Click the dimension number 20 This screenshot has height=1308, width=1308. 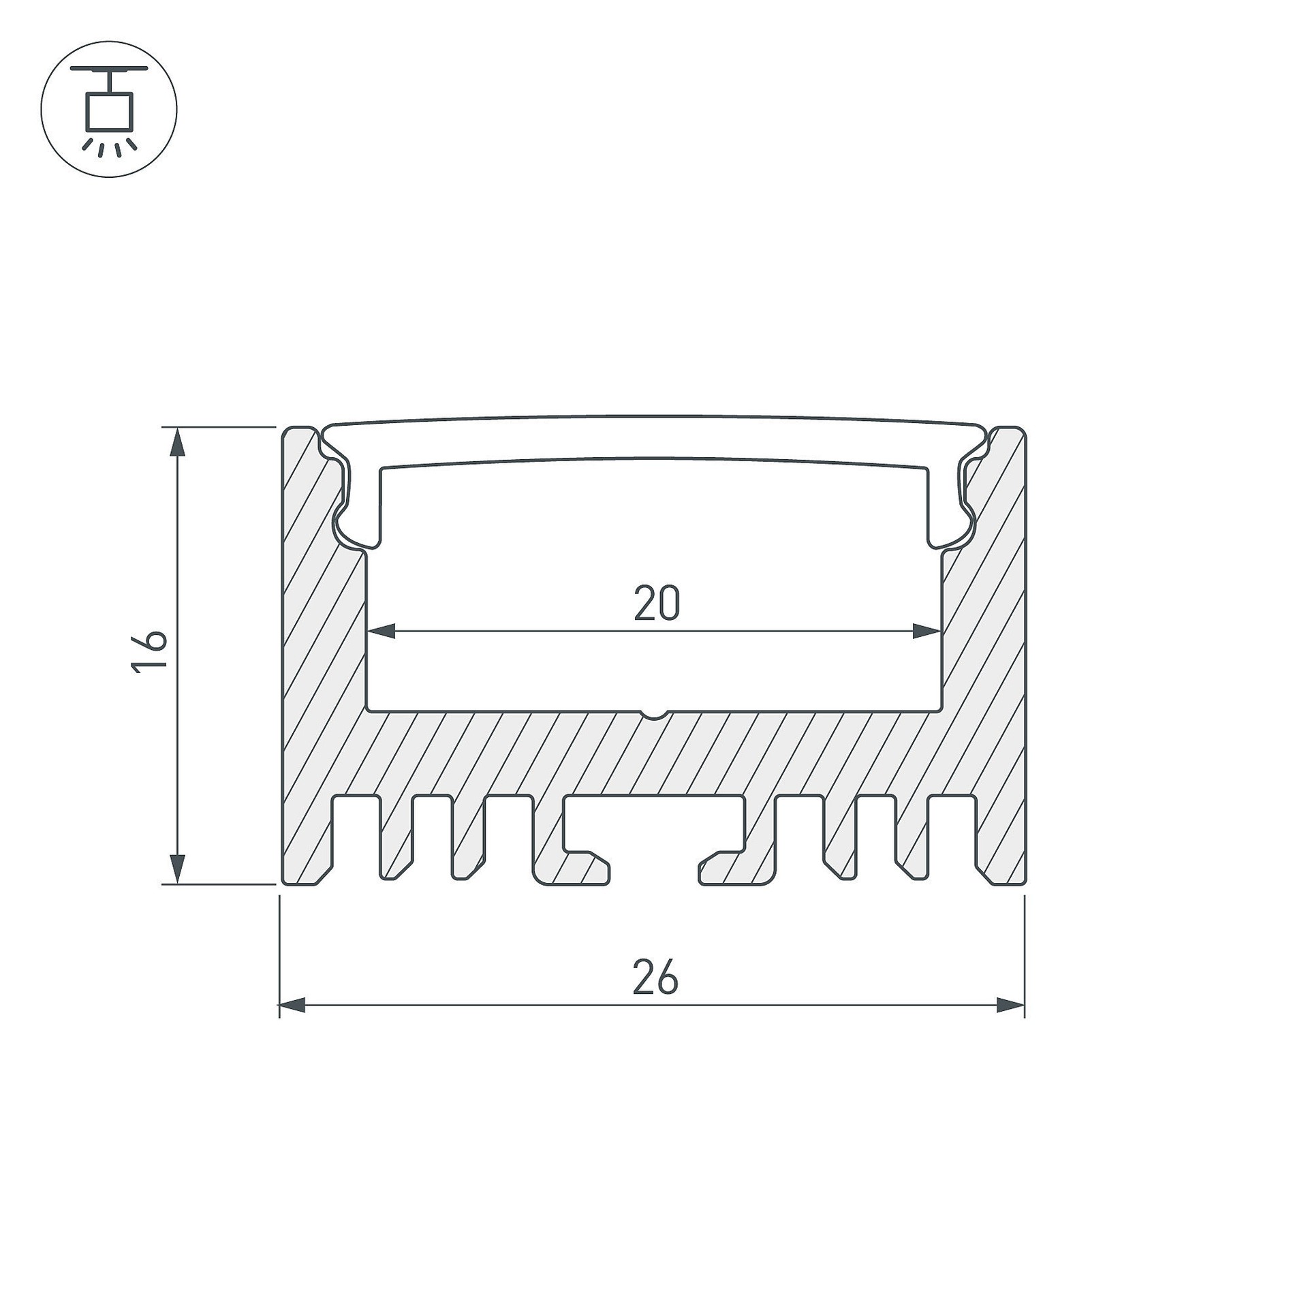coord(657,603)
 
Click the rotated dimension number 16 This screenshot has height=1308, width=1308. coord(149,652)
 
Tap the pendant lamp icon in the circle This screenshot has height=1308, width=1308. coord(109,109)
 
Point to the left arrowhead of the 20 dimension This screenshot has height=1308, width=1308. coord(381,632)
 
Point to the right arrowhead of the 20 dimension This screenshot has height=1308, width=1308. coord(927,632)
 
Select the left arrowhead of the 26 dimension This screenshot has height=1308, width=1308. coord(293,1005)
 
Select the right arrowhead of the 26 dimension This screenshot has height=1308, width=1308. coord(1011,1005)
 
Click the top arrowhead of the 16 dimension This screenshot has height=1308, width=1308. coord(178,441)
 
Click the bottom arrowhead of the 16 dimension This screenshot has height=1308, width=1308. coord(178,870)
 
